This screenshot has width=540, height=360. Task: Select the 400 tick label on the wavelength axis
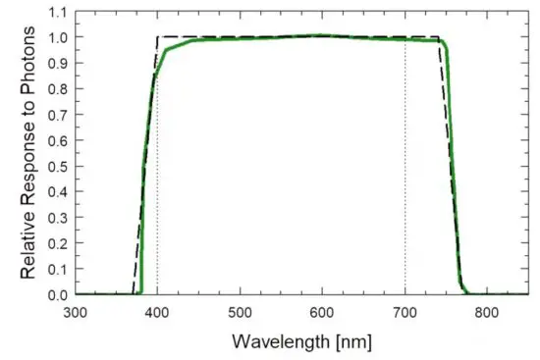[x=157, y=311]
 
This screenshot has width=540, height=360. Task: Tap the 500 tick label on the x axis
[x=241, y=311]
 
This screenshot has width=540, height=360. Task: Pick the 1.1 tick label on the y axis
[x=58, y=14]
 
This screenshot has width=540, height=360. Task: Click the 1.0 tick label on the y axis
[x=58, y=38]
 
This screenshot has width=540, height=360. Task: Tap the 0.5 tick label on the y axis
[x=58, y=167]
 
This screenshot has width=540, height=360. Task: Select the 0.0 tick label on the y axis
[x=58, y=294]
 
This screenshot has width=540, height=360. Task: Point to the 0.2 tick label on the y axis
[x=58, y=243]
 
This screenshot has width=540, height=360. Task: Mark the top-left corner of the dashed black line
[x=157, y=37]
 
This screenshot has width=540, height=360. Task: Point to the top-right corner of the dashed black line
[x=439, y=37]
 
